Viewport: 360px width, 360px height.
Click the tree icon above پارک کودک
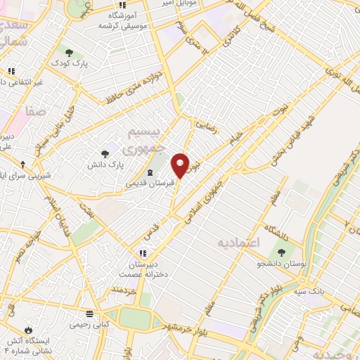[x=68, y=51]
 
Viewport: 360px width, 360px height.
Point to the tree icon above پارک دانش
[x=105, y=153]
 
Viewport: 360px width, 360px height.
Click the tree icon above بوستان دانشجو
[x=282, y=252]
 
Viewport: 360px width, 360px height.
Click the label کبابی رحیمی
[x=90, y=325]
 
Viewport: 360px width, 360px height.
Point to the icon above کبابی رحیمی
[x=89, y=314]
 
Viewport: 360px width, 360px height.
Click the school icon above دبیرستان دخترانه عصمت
[x=143, y=252]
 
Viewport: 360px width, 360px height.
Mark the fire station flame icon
[x=28, y=329]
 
